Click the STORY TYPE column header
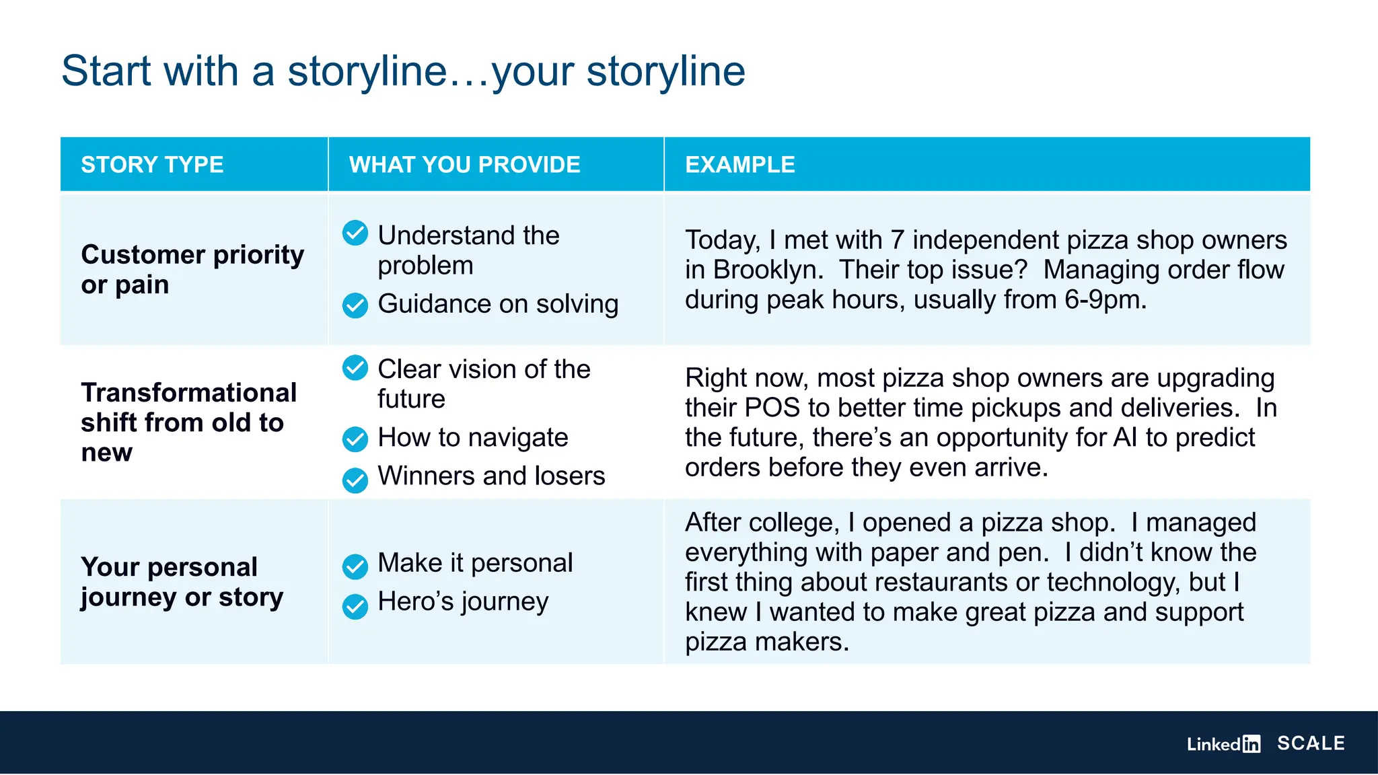click(x=152, y=165)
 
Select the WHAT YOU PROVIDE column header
click(x=464, y=165)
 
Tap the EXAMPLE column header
click(x=739, y=165)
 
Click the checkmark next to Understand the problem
click(x=355, y=233)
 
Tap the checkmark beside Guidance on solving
click(x=355, y=305)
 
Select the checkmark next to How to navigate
click(x=355, y=439)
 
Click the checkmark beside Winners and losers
click(x=355, y=480)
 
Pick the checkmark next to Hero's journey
click(x=355, y=607)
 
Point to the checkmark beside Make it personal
click(x=355, y=566)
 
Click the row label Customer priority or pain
click(x=192, y=269)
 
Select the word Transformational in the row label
click(x=188, y=393)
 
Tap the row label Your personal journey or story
click(x=182, y=582)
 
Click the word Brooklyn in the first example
click(x=767, y=270)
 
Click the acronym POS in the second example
click(x=772, y=408)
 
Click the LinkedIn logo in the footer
click(x=1223, y=744)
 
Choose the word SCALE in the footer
click(x=1311, y=743)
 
